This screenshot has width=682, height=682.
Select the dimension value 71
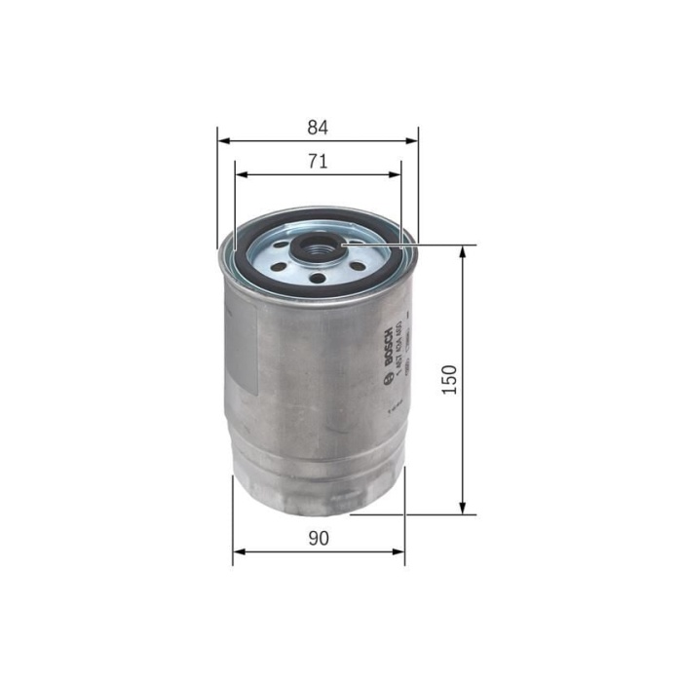click(317, 162)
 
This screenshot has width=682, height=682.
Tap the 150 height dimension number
click(448, 379)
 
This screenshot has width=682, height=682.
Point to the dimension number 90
click(318, 538)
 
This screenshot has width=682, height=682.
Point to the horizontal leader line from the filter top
click(438, 245)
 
